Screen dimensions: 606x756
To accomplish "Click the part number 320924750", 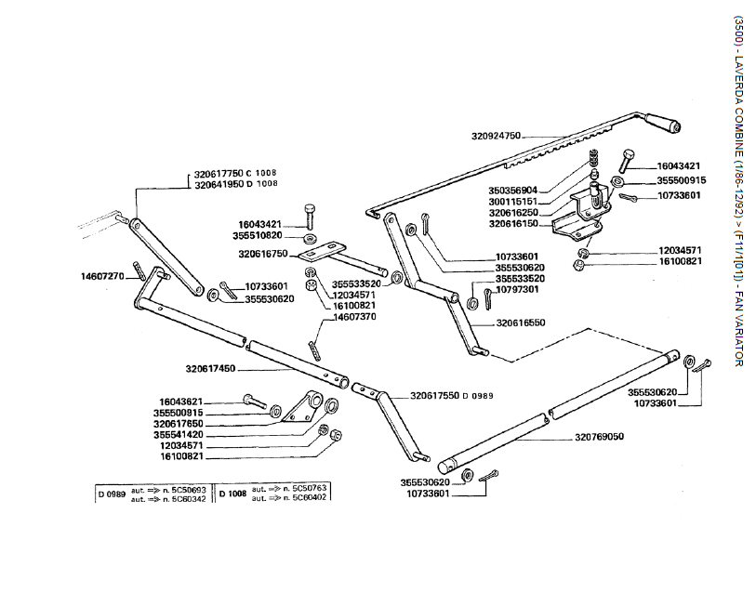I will pyautogui.click(x=497, y=136).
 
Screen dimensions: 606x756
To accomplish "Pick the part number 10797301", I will pyautogui.click(x=519, y=289).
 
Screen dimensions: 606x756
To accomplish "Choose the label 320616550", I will pyautogui.click(x=521, y=323).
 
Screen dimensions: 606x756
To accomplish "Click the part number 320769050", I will pyautogui.click(x=599, y=436).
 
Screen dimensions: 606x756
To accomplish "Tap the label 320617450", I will pyautogui.click(x=210, y=369).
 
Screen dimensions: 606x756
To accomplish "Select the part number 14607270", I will pyautogui.click(x=102, y=276).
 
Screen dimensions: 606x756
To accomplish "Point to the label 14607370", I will pyautogui.click(x=350, y=317).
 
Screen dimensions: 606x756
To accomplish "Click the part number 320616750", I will pyautogui.click(x=263, y=254).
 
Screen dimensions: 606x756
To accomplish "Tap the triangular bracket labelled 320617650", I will pyautogui.click(x=299, y=412).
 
